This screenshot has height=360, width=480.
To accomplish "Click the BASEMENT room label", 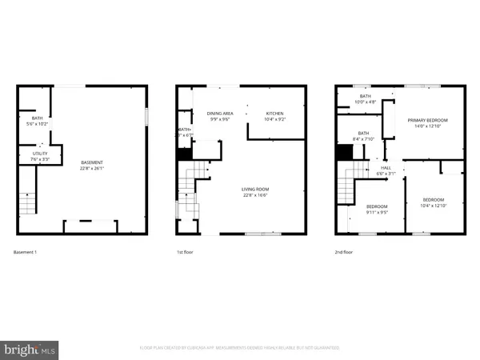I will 91,162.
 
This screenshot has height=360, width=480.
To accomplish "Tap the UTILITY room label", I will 41,153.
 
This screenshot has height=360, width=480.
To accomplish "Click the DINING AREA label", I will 219,114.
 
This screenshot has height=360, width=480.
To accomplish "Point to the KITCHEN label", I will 274,114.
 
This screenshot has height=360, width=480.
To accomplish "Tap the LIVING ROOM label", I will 255,190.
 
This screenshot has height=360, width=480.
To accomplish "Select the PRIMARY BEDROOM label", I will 427,120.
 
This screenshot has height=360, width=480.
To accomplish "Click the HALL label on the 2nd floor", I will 386,168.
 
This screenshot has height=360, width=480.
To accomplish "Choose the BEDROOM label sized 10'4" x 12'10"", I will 433,199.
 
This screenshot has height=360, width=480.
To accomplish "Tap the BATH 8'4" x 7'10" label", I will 363,134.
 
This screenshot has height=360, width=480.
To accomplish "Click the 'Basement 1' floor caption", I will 26,253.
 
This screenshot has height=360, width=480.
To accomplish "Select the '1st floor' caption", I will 186,253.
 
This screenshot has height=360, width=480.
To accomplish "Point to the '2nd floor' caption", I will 345,253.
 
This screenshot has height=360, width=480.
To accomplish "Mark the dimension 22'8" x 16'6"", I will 255,195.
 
